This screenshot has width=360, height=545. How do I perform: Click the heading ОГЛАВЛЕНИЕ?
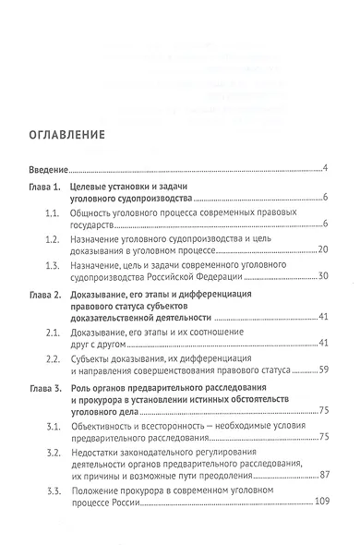tap(71, 133)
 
